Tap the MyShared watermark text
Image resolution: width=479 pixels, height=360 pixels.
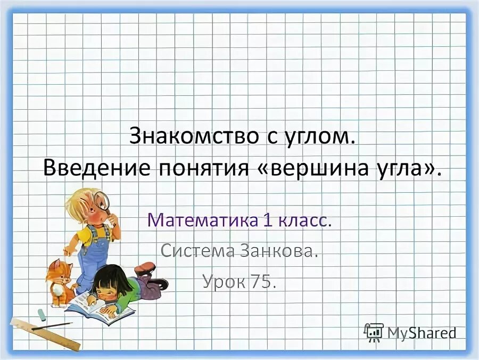pos(420,333)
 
